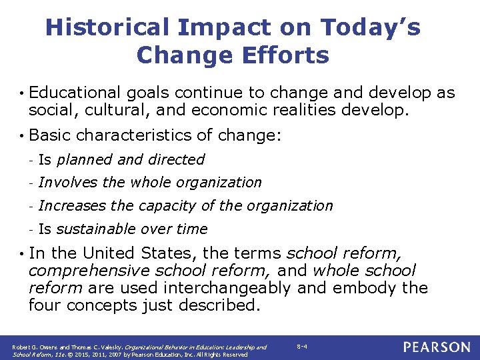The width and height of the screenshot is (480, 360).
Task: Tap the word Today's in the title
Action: (371, 27)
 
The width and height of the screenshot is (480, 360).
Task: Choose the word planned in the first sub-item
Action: (86, 160)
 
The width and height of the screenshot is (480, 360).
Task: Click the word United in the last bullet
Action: (111, 254)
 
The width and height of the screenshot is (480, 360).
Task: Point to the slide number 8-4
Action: (303, 347)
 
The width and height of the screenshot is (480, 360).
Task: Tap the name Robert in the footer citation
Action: (22, 347)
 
